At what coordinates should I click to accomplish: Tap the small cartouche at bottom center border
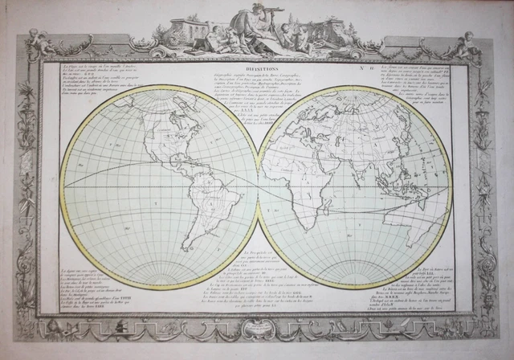click(258, 331)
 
